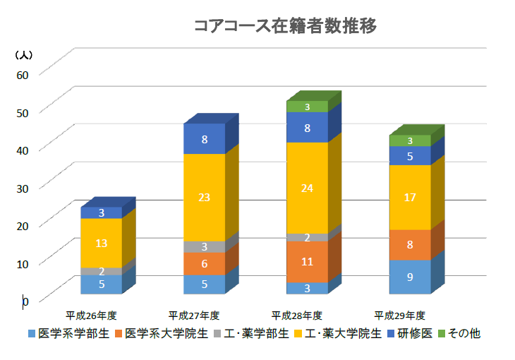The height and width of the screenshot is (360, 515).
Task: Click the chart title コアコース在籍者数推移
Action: (x=285, y=27)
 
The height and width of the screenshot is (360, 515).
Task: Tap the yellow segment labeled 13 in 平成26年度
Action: (x=102, y=243)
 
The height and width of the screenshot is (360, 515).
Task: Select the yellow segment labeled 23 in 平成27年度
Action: (x=205, y=197)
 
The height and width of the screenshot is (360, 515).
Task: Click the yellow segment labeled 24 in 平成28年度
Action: (x=307, y=188)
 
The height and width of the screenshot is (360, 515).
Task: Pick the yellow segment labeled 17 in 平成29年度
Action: (x=410, y=197)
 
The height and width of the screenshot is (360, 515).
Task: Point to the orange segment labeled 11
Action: (x=307, y=261)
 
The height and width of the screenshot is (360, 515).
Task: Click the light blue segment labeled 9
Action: (x=410, y=277)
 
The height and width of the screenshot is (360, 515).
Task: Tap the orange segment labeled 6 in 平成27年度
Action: (x=205, y=263)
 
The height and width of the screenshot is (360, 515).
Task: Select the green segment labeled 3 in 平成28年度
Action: (x=307, y=107)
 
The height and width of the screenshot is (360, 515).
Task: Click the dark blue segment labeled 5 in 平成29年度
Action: (x=410, y=155)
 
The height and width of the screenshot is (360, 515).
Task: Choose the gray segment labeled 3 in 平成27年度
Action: (x=205, y=246)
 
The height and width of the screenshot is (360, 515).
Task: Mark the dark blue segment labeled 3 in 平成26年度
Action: (x=102, y=212)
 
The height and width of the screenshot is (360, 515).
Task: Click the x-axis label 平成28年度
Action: (x=297, y=315)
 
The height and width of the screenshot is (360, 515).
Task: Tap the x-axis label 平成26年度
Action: (x=91, y=315)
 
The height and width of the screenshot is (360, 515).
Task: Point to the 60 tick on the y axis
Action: (x=23, y=75)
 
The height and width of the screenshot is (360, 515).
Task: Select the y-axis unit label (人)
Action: (x=23, y=54)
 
